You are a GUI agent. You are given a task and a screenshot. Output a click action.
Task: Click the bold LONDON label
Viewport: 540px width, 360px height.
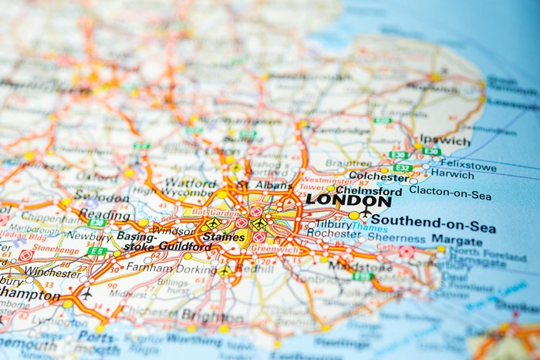348,200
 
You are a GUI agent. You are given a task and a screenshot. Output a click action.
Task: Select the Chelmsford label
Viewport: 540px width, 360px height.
369,190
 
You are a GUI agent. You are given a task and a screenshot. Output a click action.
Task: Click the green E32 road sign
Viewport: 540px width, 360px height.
402,167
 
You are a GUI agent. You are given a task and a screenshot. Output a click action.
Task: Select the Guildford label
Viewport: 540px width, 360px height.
185,247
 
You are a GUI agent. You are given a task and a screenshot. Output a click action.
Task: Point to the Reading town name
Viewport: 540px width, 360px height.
104,216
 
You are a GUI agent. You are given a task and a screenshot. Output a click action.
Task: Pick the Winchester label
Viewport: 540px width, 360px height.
52,271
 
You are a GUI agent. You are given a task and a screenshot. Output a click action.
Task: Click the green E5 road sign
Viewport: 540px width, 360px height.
96,251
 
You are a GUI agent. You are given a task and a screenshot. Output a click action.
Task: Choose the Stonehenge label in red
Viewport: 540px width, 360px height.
56,249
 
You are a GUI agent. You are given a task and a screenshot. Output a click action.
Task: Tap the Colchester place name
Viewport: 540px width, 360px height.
378,176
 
